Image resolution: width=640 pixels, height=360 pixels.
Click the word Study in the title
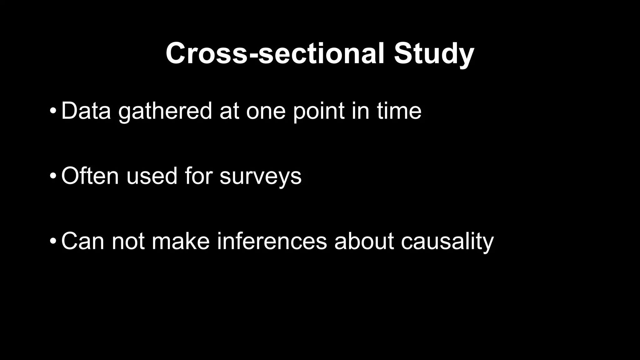[x=434, y=54]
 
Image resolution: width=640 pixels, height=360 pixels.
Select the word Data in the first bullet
[x=86, y=111]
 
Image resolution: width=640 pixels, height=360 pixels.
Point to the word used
[x=152, y=176]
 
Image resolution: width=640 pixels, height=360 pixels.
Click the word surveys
[x=260, y=176]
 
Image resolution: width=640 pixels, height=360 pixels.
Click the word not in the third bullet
[x=128, y=241]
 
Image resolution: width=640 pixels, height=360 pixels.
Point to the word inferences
[x=272, y=241]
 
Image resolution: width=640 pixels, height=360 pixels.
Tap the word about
[x=364, y=241]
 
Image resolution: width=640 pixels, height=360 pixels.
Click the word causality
[x=447, y=241]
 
